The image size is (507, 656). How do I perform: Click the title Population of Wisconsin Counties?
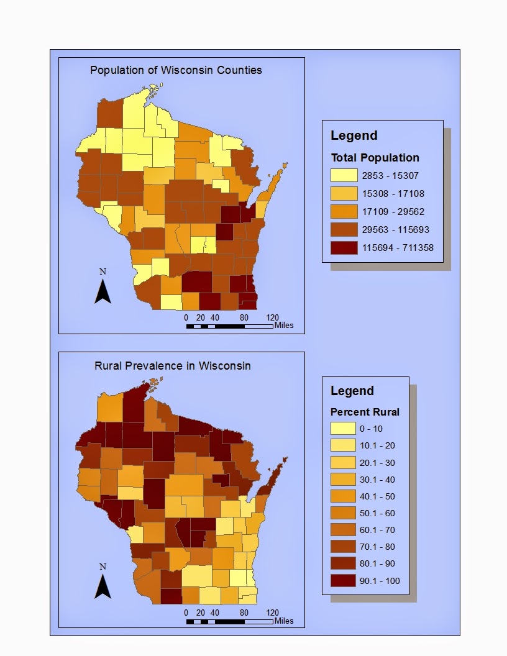(176, 70)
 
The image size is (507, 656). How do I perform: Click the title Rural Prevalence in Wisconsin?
(173, 365)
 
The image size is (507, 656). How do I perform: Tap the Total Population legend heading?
(375, 157)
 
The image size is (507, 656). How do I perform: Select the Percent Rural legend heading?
(365, 412)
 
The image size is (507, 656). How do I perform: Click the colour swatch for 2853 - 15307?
(344, 176)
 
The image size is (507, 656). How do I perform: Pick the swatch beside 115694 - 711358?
(344, 248)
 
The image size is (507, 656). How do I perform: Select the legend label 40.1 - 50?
(377, 496)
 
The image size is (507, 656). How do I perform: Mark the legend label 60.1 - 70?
(377, 530)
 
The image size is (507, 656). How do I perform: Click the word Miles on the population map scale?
(284, 326)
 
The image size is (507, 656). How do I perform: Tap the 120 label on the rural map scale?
(272, 613)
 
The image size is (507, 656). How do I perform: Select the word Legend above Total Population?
(354, 135)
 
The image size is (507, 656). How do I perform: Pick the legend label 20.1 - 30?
(377, 463)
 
